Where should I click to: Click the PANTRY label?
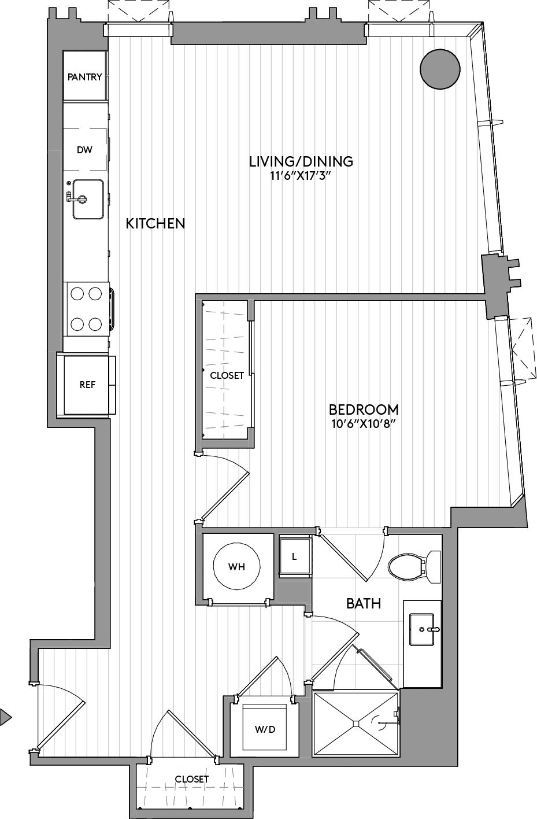(84, 77)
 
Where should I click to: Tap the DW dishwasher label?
(84, 150)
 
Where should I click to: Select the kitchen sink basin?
(88, 200)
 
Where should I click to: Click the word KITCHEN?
(155, 223)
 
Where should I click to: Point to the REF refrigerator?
(87, 385)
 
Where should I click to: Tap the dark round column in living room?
(440, 69)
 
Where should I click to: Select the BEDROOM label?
(364, 409)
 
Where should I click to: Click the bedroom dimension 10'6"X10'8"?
(364, 424)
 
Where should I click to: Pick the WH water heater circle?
(237, 567)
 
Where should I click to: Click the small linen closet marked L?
(295, 557)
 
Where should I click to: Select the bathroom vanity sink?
(423, 629)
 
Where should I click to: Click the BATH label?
(364, 604)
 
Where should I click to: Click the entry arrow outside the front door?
(5, 717)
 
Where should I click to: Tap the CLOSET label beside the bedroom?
(227, 375)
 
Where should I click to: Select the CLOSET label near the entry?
(191, 779)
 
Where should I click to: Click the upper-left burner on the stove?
(77, 294)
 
